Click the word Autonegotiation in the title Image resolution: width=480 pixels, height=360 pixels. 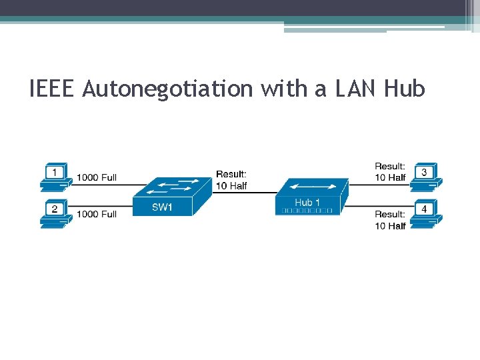tap(169, 88)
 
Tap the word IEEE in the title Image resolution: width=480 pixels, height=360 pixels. tap(53, 88)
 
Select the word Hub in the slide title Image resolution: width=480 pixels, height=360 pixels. tap(404, 88)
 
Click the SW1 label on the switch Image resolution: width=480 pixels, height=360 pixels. tap(162, 207)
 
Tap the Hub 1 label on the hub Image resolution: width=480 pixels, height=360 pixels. tap(307, 202)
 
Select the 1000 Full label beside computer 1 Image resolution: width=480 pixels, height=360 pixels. tap(97, 177)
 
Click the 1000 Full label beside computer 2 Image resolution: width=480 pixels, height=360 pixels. tap(97, 214)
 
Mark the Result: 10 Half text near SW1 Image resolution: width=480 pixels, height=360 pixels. tap(231, 180)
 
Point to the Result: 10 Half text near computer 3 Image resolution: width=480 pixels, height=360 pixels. tap(390, 172)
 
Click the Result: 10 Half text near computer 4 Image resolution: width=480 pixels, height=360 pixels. tap(390, 220)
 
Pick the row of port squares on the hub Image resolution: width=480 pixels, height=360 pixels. tap(307, 211)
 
